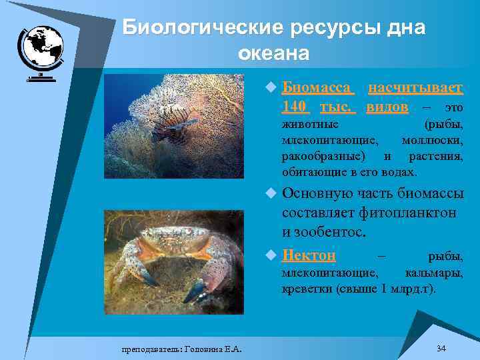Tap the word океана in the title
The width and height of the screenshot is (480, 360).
click(x=273, y=53)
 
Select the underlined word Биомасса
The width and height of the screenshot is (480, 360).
click(x=317, y=89)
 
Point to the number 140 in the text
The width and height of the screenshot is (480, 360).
click(x=294, y=107)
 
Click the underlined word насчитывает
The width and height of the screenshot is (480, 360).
click(x=415, y=89)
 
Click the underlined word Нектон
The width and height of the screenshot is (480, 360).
click(x=309, y=256)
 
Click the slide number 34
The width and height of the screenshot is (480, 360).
click(x=441, y=348)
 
